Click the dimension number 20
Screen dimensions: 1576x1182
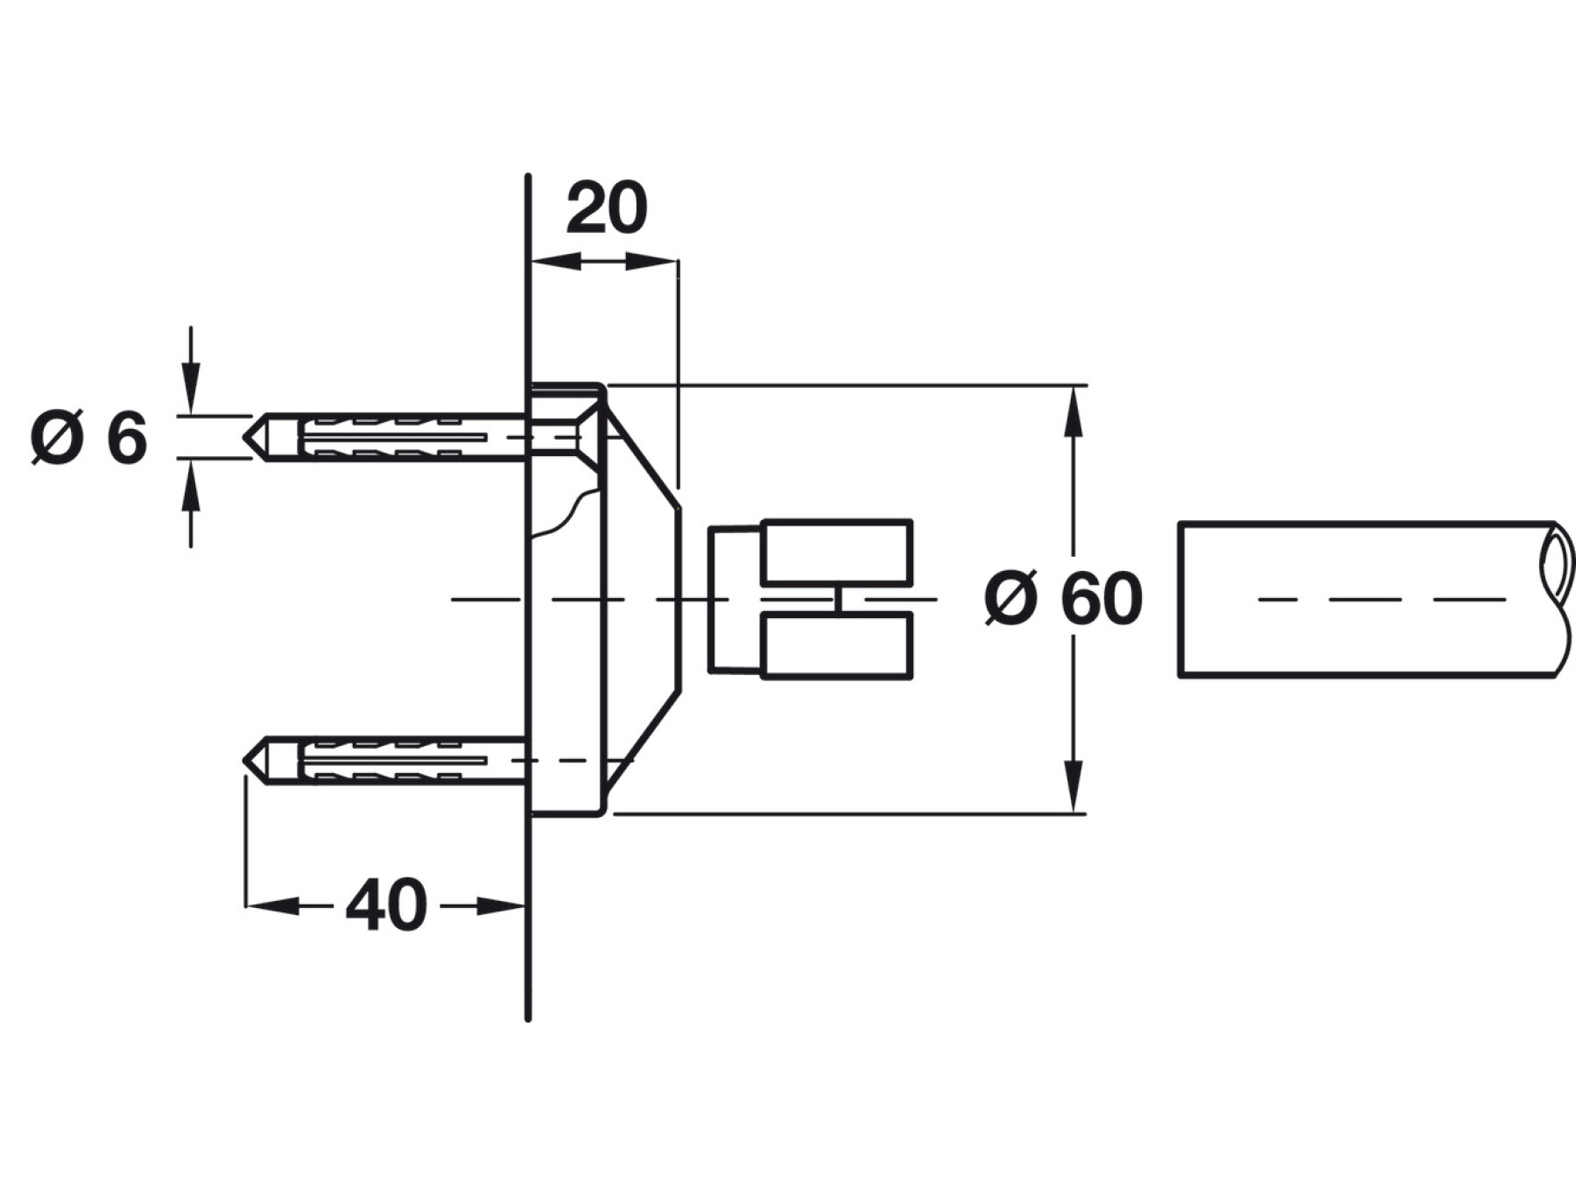coord(607,209)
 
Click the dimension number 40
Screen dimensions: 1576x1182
coord(386,906)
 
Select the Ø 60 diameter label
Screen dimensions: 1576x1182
coord(1064,599)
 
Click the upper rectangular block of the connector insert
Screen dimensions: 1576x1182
coord(837,552)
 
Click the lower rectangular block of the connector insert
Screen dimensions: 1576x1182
coord(837,645)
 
